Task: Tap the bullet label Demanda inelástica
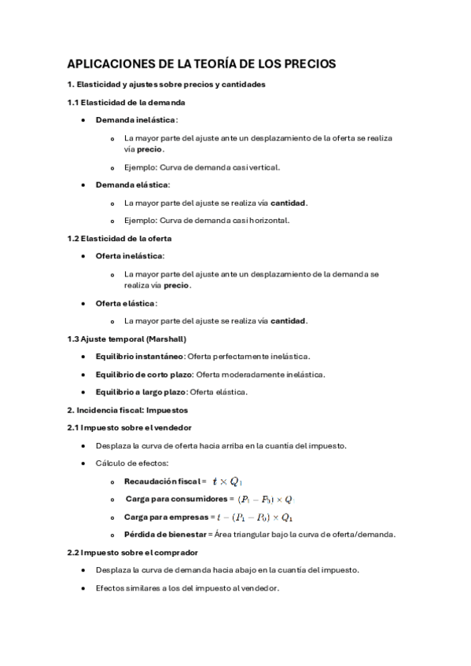(136, 119)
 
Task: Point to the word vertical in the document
(263, 166)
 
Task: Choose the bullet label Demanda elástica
(132, 185)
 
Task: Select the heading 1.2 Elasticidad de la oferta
(120, 238)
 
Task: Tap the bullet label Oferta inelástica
(130, 256)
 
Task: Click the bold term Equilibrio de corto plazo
(144, 374)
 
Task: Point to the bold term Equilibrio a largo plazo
(142, 392)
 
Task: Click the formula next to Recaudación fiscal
(231, 481)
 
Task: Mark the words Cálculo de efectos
(131, 463)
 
